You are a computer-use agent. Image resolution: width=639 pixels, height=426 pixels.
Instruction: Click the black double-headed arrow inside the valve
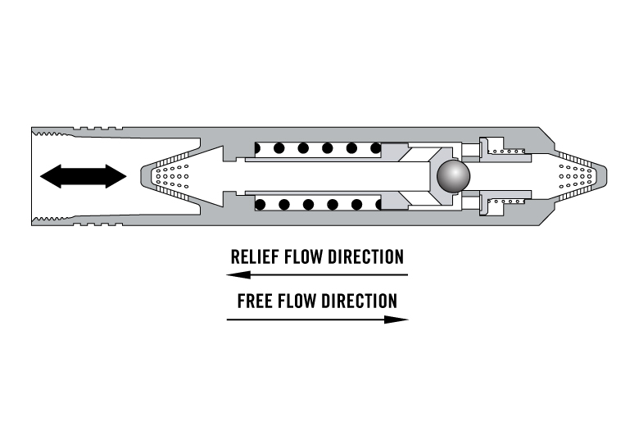click(84, 176)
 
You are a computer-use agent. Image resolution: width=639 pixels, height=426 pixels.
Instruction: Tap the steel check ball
click(452, 176)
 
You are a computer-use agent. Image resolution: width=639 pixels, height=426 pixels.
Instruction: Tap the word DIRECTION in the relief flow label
click(365, 257)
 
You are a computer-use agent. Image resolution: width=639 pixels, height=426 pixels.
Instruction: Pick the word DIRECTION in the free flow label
click(359, 301)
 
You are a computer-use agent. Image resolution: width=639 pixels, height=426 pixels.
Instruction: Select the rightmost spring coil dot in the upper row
click(376, 148)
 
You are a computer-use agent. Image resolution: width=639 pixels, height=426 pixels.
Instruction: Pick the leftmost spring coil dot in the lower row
click(260, 204)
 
